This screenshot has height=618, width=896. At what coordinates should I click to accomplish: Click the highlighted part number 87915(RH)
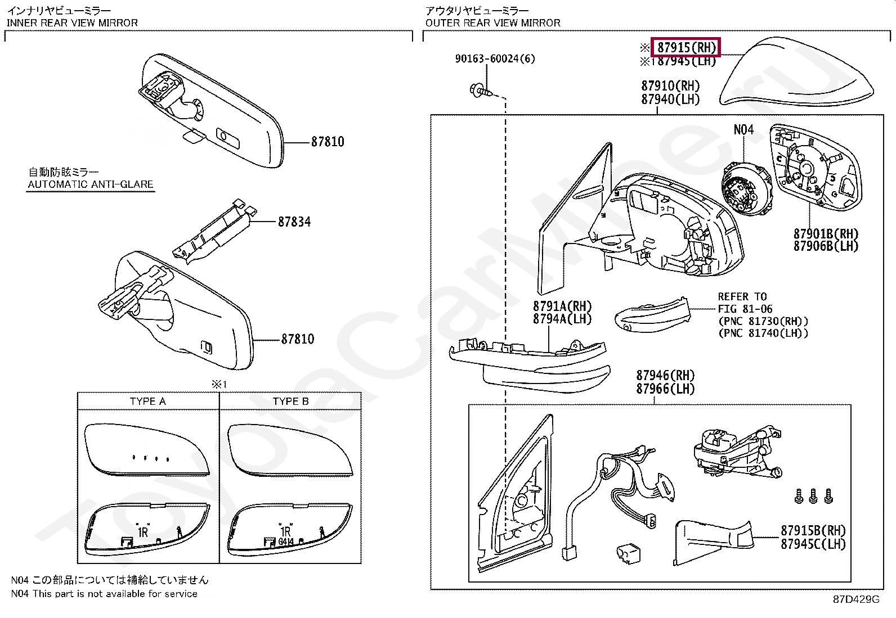[x=686, y=47]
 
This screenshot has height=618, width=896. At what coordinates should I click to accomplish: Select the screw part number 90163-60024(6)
[x=495, y=58]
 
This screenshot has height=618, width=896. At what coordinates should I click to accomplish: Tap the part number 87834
[x=294, y=222]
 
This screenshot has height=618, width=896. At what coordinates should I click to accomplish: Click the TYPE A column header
[x=147, y=401]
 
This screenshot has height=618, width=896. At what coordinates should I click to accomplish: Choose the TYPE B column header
[x=290, y=401]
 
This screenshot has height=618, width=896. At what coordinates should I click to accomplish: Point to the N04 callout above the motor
[x=743, y=130]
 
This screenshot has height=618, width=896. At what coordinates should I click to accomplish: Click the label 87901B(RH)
[x=826, y=233]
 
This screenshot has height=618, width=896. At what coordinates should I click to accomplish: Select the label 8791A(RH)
[x=562, y=306]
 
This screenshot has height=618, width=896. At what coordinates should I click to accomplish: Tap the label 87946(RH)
[x=665, y=375]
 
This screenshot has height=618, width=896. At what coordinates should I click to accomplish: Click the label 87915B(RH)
[x=813, y=530]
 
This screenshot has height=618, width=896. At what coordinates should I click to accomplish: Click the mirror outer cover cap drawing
[x=796, y=73]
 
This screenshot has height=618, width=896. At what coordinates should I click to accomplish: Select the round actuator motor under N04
[x=746, y=188]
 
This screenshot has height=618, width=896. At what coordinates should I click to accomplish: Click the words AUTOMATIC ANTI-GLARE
[x=91, y=184]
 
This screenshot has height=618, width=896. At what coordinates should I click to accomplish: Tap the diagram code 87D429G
[x=855, y=599]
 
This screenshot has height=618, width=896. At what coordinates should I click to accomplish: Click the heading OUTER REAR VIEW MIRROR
[x=492, y=23]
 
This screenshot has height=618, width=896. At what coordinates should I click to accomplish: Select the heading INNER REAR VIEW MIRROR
[x=72, y=23]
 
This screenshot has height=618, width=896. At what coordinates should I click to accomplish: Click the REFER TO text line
[x=742, y=296]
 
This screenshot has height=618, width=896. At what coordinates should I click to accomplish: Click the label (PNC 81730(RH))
[x=763, y=321]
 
